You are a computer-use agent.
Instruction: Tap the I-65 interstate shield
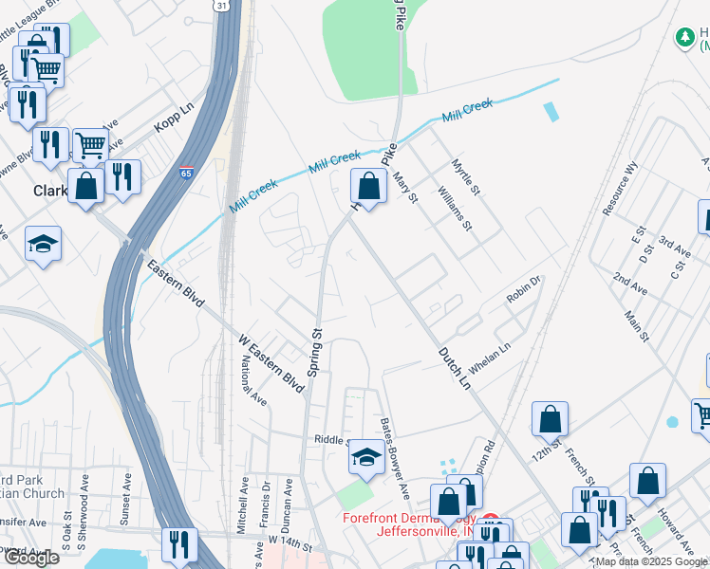[186, 174]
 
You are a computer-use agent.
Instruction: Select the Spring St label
[317, 345]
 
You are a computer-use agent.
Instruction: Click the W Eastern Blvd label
[271, 364]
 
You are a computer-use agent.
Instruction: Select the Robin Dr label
[523, 290]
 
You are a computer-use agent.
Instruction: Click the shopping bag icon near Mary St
[368, 186]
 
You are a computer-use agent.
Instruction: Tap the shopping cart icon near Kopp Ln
[89, 145]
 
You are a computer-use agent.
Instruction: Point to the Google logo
[30, 558]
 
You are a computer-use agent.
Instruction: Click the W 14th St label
[290, 540]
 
